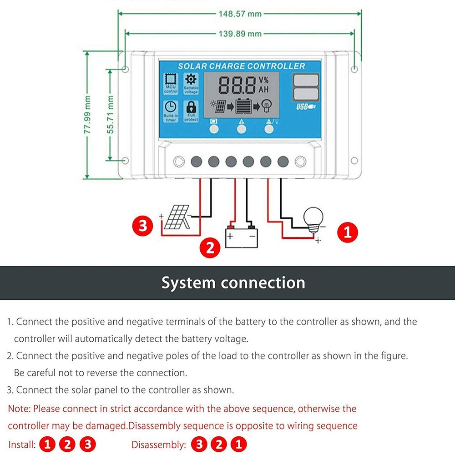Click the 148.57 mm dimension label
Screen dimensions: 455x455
pos(240,14)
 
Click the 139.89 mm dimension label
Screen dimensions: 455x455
pos(240,34)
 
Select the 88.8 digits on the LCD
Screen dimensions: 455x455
pos(238,85)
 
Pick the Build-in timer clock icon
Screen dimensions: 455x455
pos(171,107)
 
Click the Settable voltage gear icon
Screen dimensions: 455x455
pos(191,79)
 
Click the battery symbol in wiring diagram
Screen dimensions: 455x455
pos(241,236)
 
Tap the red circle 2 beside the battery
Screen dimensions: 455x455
pos(210,248)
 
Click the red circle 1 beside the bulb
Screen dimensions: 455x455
pos(348,233)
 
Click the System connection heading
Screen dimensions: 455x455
pos(233,283)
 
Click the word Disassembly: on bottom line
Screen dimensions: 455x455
pos(159,445)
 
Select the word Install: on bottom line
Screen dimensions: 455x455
pos(22,445)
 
